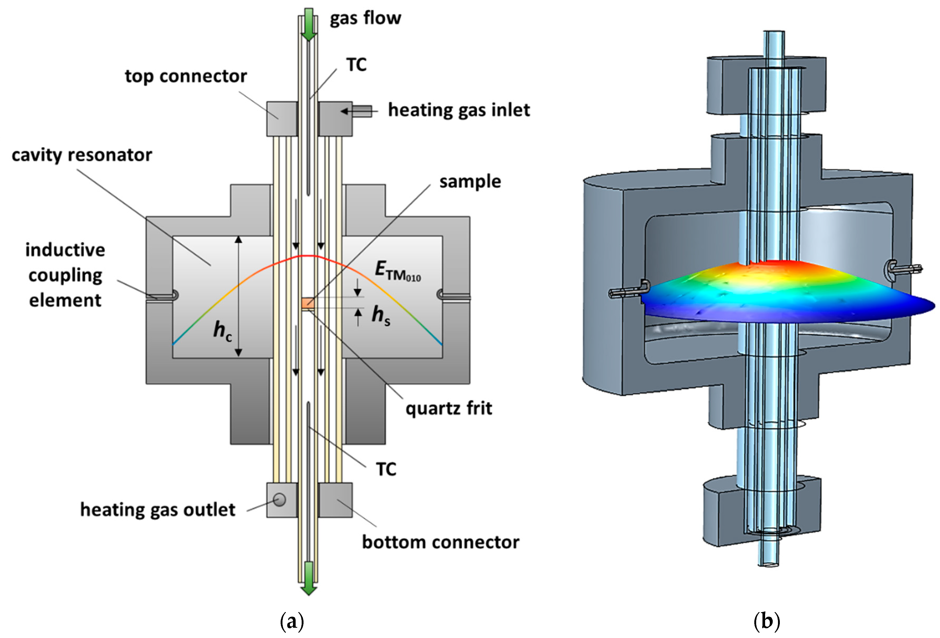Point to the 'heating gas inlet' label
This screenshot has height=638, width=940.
tap(459, 110)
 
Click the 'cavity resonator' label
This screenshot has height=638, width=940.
tap(82, 155)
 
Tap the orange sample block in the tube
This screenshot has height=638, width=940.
tap(308, 302)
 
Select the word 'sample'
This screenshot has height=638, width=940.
tap(470, 182)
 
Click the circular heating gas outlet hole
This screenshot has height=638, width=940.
tap(279, 499)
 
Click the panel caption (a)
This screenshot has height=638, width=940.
tap(292, 621)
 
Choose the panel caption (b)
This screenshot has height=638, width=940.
tap(767, 621)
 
